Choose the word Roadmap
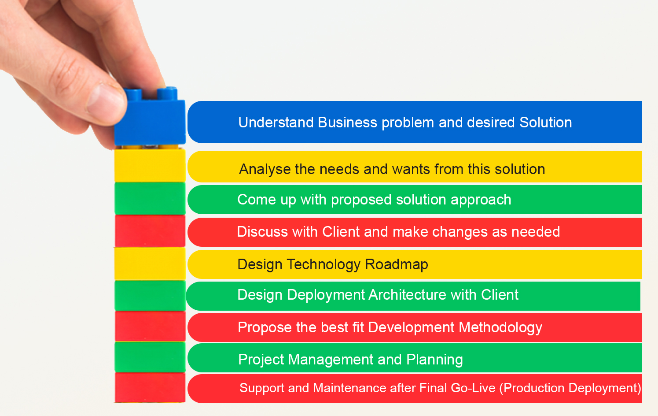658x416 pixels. (396, 264)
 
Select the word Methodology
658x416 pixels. (500, 328)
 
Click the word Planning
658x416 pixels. (434, 360)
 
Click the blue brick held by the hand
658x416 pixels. (150, 121)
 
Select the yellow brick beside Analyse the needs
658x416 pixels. (150, 166)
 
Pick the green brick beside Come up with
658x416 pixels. (150, 198)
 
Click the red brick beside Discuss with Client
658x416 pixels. (150, 231)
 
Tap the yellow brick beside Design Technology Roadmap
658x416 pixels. (150, 264)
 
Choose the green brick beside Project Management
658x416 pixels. (150, 357)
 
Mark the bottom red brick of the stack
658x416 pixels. (150, 388)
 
